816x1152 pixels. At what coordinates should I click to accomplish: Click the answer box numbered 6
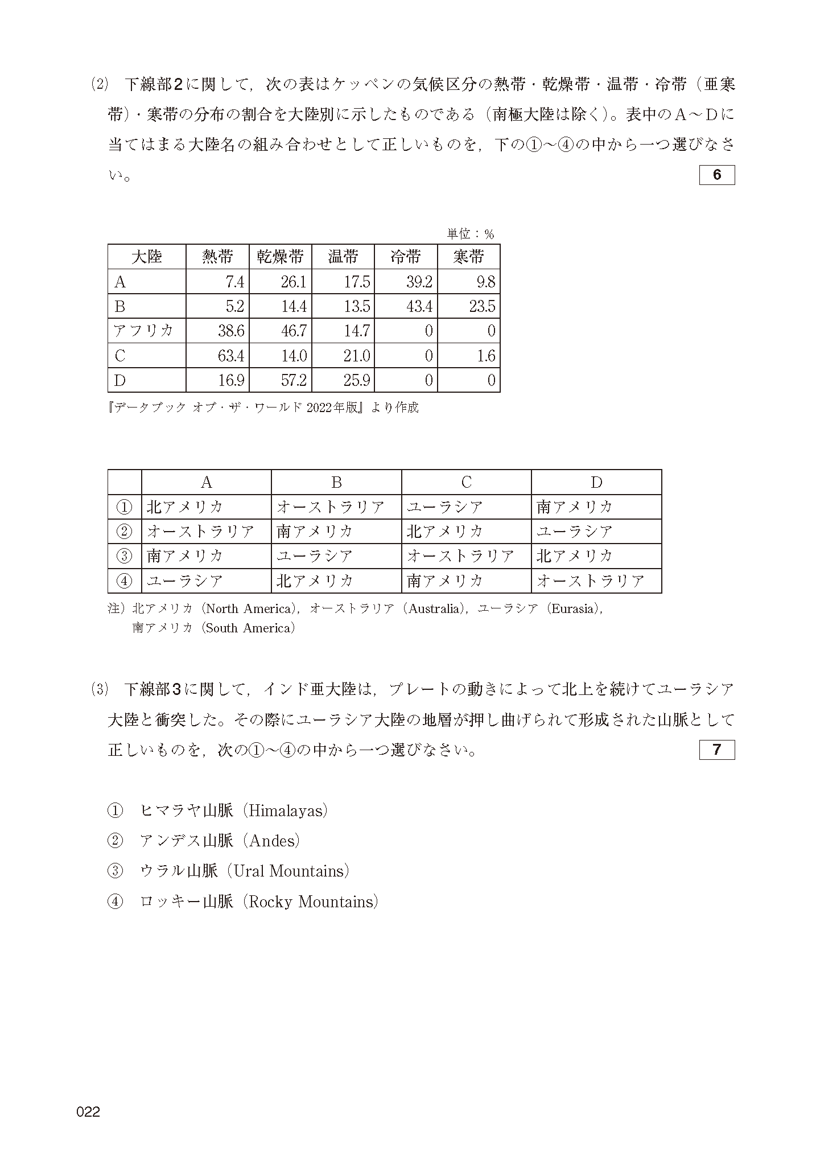pyautogui.click(x=716, y=175)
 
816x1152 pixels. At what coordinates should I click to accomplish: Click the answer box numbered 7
pyautogui.click(x=716, y=750)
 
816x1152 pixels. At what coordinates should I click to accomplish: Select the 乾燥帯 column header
pyautogui.click(x=280, y=257)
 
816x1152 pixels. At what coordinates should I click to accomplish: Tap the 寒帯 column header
pyautogui.click(x=468, y=257)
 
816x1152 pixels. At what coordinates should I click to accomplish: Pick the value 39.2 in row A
pyautogui.click(x=419, y=282)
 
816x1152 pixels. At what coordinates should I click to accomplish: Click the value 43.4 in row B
pyautogui.click(x=419, y=307)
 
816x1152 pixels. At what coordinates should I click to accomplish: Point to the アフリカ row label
pyautogui.click(x=143, y=331)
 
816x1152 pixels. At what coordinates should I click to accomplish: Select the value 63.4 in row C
pyautogui.click(x=231, y=356)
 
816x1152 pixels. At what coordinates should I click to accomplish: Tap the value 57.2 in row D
pyautogui.click(x=294, y=380)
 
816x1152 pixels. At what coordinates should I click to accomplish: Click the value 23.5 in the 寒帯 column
pyautogui.click(x=482, y=307)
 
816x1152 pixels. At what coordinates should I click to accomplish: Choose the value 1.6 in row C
pyautogui.click(x=487, y=356)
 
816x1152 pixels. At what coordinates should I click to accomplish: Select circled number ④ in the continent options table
pyautogui.click(x=124, y=581)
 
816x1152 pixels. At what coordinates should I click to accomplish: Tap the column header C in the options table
pyautogui.click(x=466, y=483)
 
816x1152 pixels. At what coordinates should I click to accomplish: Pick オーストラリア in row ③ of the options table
pyautogui.click(x=460, y=556)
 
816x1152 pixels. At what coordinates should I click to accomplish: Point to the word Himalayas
pyautogui.click(x=285, y=810)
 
